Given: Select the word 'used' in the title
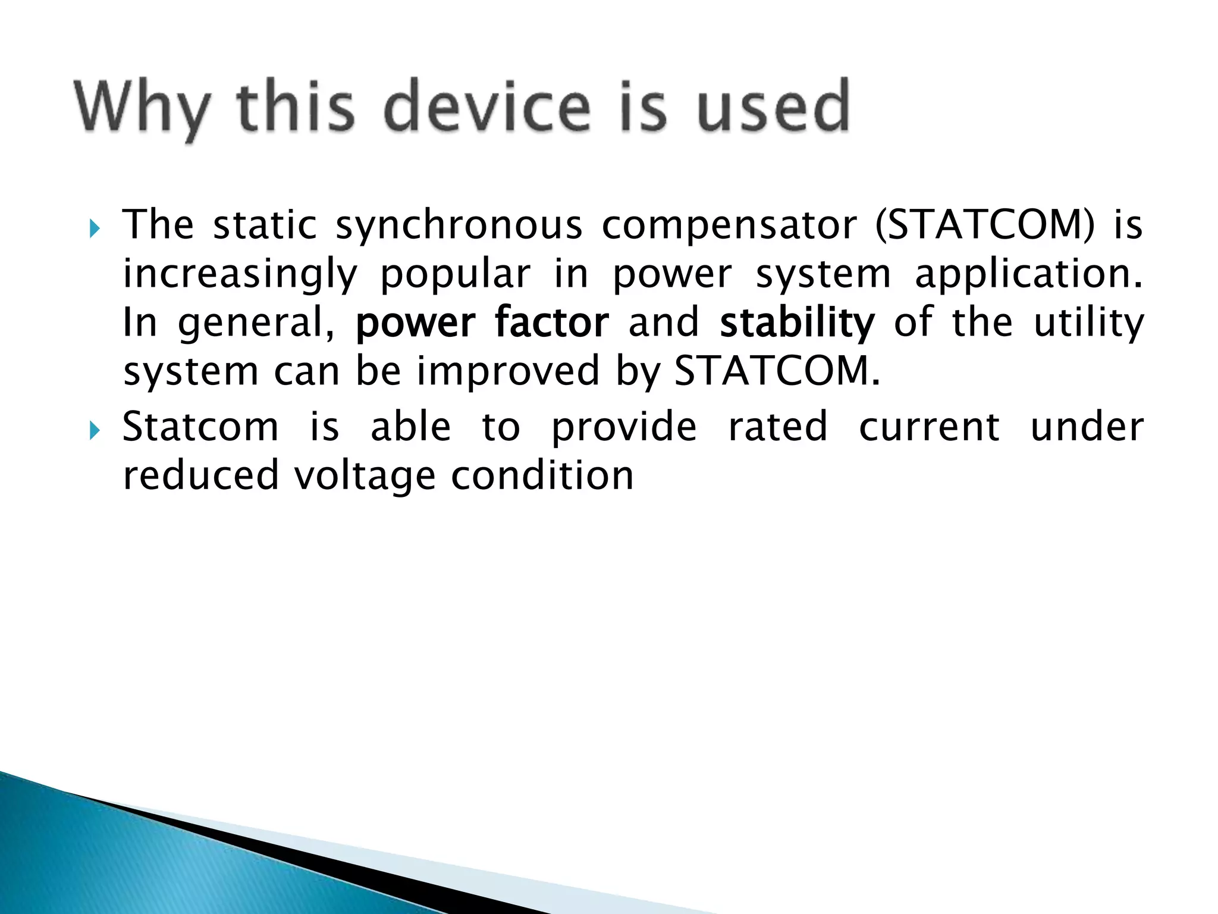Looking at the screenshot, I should (773, 107).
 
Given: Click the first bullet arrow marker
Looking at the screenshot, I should (95, 228).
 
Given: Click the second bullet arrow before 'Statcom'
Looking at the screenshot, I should (95, 430).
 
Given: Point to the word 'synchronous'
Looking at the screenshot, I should (459, 226).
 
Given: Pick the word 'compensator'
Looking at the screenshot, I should (729, 226).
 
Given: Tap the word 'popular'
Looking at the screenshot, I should (455, 275).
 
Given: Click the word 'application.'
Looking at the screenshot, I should (1028, 275).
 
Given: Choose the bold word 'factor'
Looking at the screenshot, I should (551, 323).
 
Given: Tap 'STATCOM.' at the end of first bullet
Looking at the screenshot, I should (777, 371).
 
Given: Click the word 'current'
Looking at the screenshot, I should (929, 427).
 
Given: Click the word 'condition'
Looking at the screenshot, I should (542, 476).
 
